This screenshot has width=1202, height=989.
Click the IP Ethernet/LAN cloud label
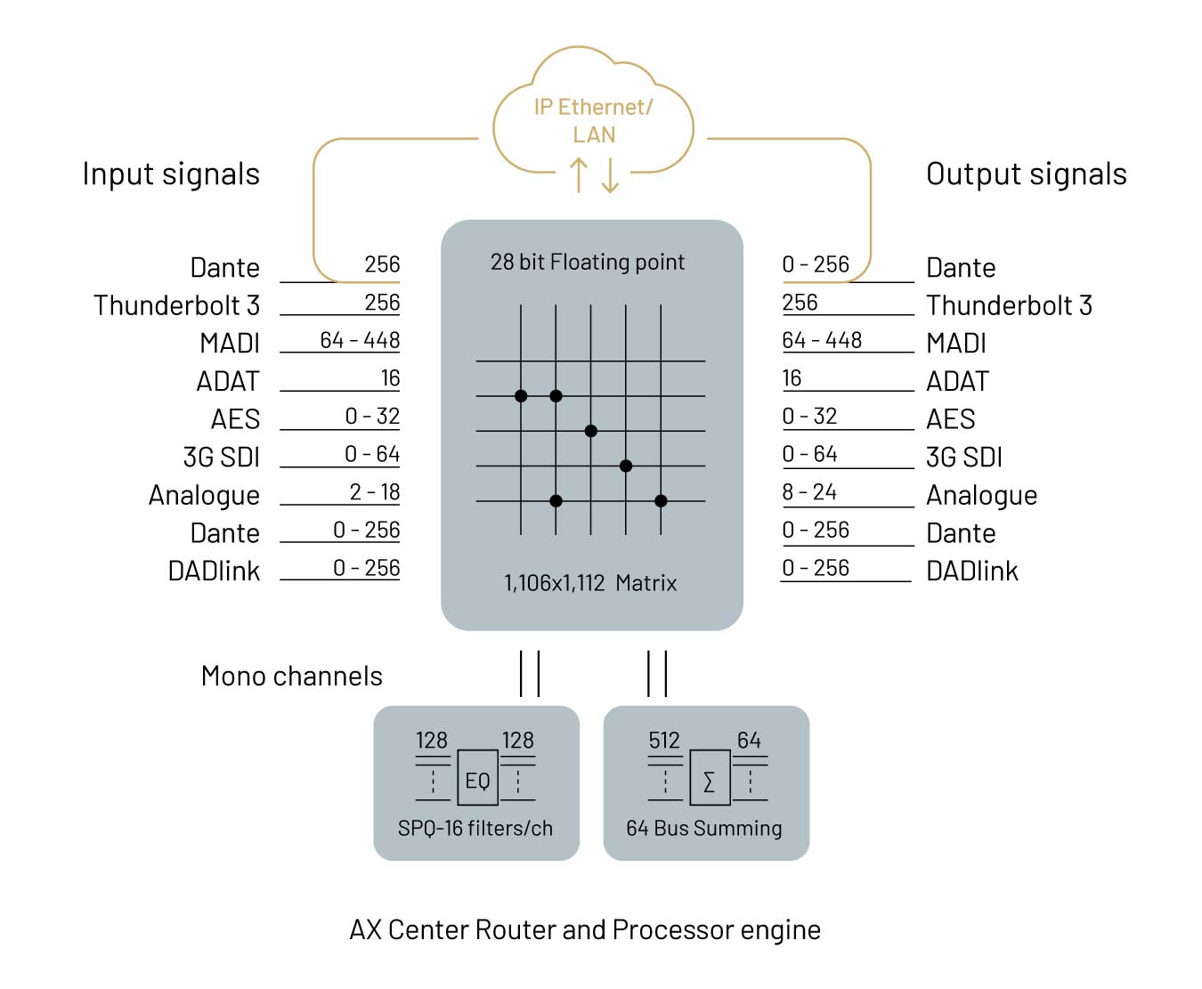593,121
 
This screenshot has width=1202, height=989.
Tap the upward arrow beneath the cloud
579,174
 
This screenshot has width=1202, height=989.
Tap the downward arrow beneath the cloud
610,175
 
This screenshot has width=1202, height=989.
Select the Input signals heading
171,174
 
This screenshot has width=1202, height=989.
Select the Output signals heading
1026,174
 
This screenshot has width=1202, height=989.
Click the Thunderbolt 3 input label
176,305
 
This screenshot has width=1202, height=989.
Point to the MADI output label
955,343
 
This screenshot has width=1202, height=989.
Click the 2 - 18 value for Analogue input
375,491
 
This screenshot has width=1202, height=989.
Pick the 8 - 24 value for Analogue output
809,491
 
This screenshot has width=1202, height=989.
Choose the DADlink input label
214,571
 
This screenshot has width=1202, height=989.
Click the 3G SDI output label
963,457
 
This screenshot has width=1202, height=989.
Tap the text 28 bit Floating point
587,262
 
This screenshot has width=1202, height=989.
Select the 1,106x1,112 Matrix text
590,583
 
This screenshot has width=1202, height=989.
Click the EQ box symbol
477,777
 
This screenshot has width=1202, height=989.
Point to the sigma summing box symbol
710,777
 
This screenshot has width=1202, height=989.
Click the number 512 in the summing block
664,740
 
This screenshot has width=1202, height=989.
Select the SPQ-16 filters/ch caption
475,829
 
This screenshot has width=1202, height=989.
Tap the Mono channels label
291,677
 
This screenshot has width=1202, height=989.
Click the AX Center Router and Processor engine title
585,929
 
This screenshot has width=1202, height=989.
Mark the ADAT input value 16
390,377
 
